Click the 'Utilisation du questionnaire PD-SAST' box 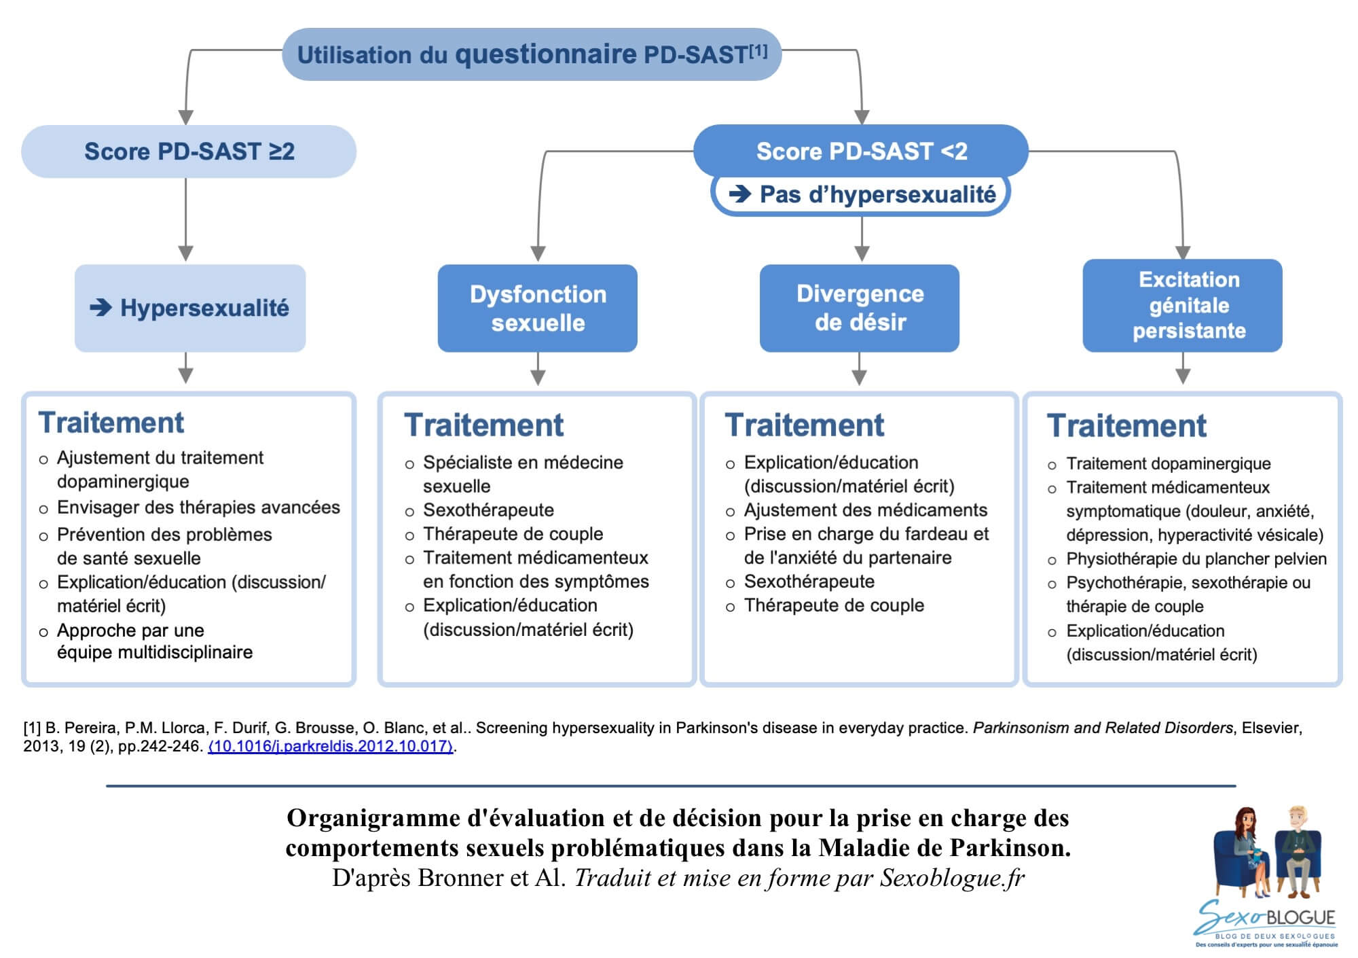[532, 54]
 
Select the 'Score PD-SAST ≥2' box [189, 152]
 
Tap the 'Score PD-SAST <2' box [861, 151]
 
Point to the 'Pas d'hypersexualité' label [861, 195]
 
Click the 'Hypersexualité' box [190, 308]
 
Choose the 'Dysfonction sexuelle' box [538, 308]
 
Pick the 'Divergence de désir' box [860, 308]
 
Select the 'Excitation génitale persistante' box [1182, 305]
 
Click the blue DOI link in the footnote [331, 746]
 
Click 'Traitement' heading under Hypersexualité [111, 423]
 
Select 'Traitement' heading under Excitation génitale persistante [1126, 426]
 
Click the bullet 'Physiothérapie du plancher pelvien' [1196, 559]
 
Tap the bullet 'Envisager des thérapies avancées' [198, 508]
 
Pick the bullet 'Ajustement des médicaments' [865, 510]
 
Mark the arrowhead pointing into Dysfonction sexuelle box [538, 253]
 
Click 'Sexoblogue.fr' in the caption [952, 878]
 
